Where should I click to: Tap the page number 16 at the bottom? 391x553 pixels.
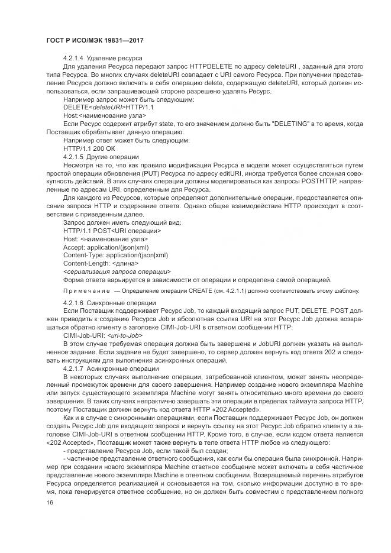point(49,502)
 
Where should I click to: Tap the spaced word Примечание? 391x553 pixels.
point(86,291)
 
